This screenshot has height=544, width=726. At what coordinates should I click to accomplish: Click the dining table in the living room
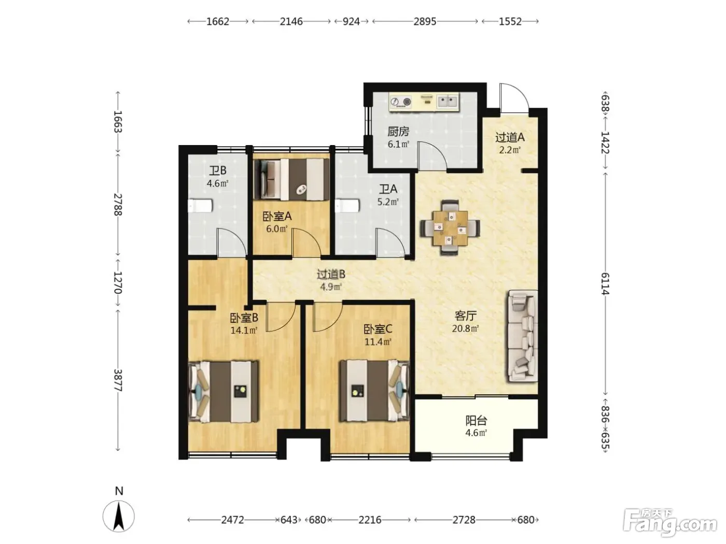coord(450,227)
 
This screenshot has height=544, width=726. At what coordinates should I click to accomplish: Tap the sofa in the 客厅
coord(522,336)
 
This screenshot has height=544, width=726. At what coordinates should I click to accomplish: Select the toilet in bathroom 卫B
coord(200,206)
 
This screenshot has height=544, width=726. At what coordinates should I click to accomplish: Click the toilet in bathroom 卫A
coord(347,206)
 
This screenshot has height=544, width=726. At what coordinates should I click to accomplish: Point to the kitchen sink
coord(448,101)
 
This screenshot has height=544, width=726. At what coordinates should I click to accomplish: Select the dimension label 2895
coord(425,21)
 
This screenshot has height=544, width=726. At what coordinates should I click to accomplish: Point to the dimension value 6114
coord(605,283)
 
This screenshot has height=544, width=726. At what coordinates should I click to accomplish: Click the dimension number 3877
coord(118,380)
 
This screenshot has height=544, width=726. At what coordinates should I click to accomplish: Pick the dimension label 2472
coord(232,520)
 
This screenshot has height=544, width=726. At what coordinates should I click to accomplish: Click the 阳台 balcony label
coord(476,421)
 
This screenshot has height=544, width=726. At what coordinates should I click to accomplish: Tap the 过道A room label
coord(510,137)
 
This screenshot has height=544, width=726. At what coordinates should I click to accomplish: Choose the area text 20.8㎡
coord(465,328)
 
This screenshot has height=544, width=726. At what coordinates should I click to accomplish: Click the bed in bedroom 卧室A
coord(292,179)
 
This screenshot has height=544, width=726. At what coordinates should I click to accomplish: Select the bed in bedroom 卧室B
coord(224,391)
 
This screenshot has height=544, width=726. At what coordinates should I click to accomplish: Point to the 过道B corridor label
coord(331,274)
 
